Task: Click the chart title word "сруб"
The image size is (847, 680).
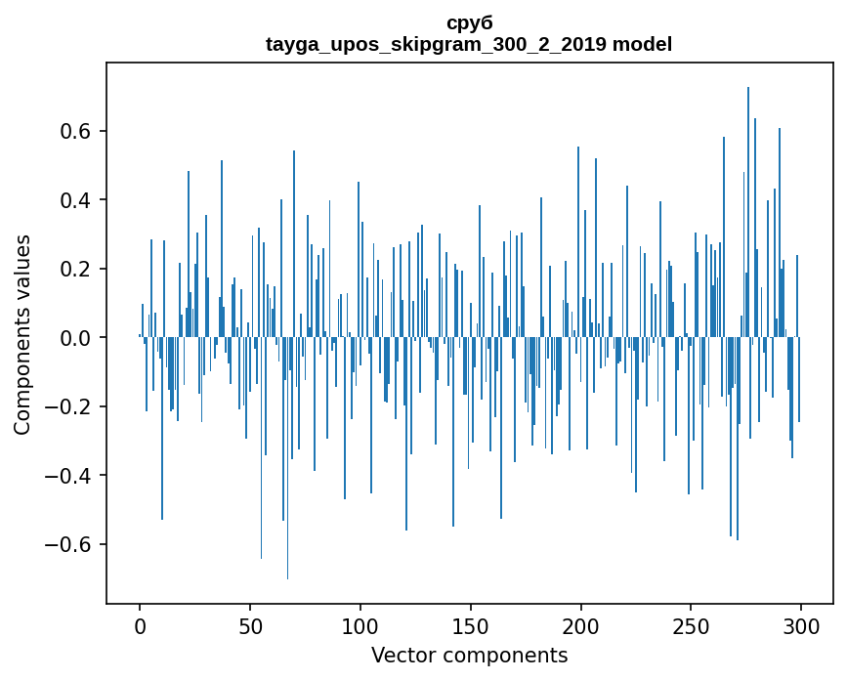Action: pos(469,23)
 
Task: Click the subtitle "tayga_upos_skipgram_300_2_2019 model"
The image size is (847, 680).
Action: pos(469,44)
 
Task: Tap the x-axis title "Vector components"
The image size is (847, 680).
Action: pos(469,655)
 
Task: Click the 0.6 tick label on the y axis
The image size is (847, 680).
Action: pos(78,132)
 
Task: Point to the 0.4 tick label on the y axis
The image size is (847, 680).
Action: pos(78,200)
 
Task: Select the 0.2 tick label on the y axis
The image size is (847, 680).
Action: pos(78,269)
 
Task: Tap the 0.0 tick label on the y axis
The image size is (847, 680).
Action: pos(78,338)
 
